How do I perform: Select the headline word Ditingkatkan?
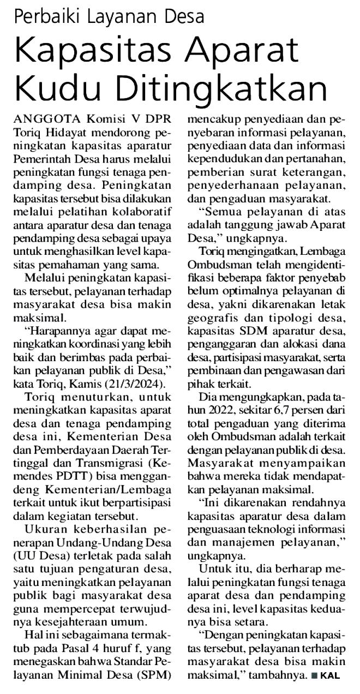pyautogui.click(x=218, y=86)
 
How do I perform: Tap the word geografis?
pyautogui.click(x=209, y=315)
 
